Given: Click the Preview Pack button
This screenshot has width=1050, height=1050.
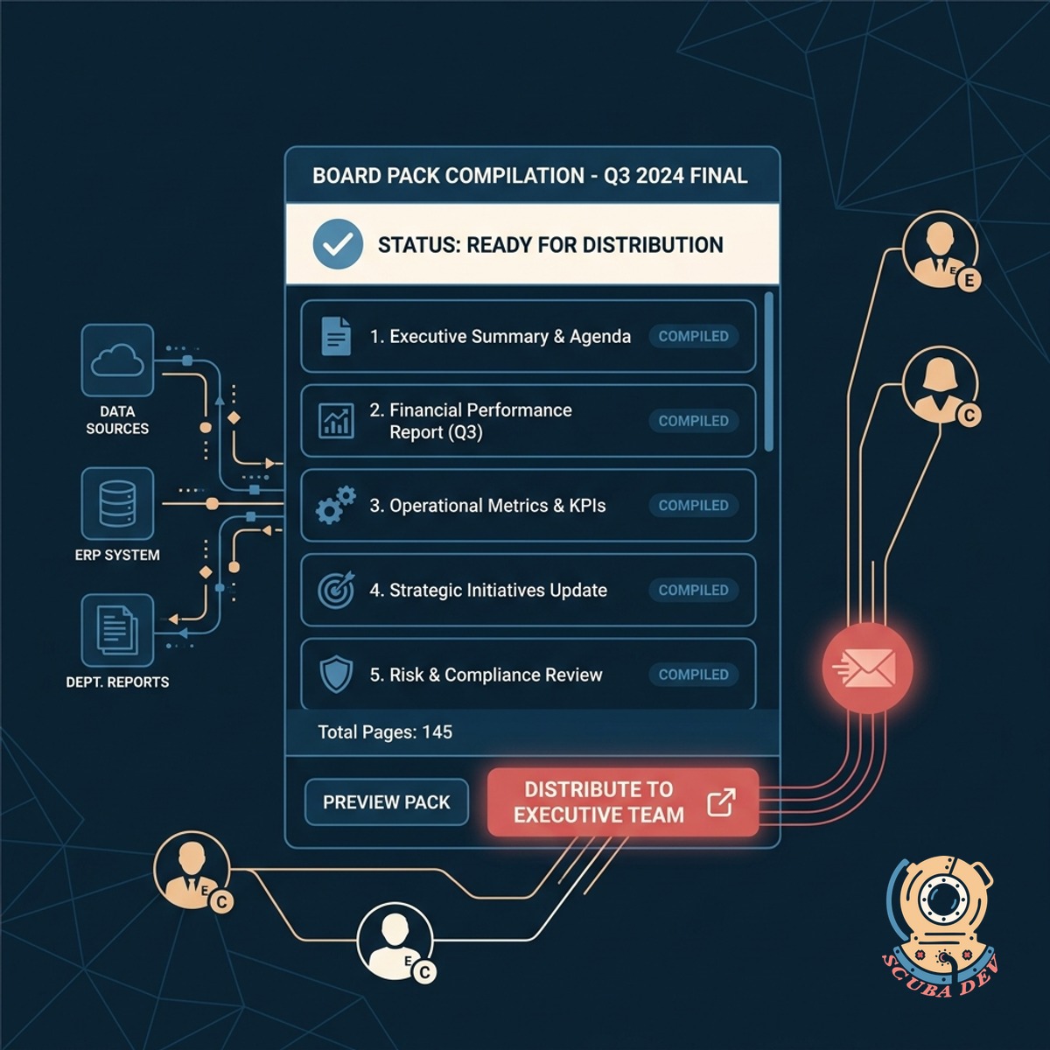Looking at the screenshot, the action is click(387, 801).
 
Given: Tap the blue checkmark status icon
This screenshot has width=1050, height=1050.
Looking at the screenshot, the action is click(338, 244).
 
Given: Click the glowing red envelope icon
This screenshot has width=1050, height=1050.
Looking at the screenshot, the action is click(867, 668).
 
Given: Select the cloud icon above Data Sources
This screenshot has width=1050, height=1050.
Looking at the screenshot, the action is click(117, 360).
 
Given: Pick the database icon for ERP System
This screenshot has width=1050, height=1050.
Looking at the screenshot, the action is click(117, 503).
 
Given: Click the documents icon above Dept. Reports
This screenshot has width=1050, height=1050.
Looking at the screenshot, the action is click(117, 630).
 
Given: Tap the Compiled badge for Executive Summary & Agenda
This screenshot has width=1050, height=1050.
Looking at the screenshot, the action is click(693, 336).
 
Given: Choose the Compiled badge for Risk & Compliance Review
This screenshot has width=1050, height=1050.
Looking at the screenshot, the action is click(693, 675).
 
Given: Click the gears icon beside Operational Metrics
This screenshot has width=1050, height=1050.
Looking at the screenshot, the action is click(336, 505).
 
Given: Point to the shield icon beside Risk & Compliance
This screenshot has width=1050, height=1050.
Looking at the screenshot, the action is click(336, 674).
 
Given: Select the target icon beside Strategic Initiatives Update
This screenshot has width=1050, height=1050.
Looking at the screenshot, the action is click(336, 590).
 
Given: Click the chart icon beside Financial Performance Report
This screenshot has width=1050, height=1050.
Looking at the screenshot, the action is click(336, 421).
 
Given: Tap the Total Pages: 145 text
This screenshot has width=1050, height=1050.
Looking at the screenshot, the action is click(385, 731).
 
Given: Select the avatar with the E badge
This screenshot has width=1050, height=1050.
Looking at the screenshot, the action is click(941, 250).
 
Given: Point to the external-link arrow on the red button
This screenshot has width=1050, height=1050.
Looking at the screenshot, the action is click(721, 802).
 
